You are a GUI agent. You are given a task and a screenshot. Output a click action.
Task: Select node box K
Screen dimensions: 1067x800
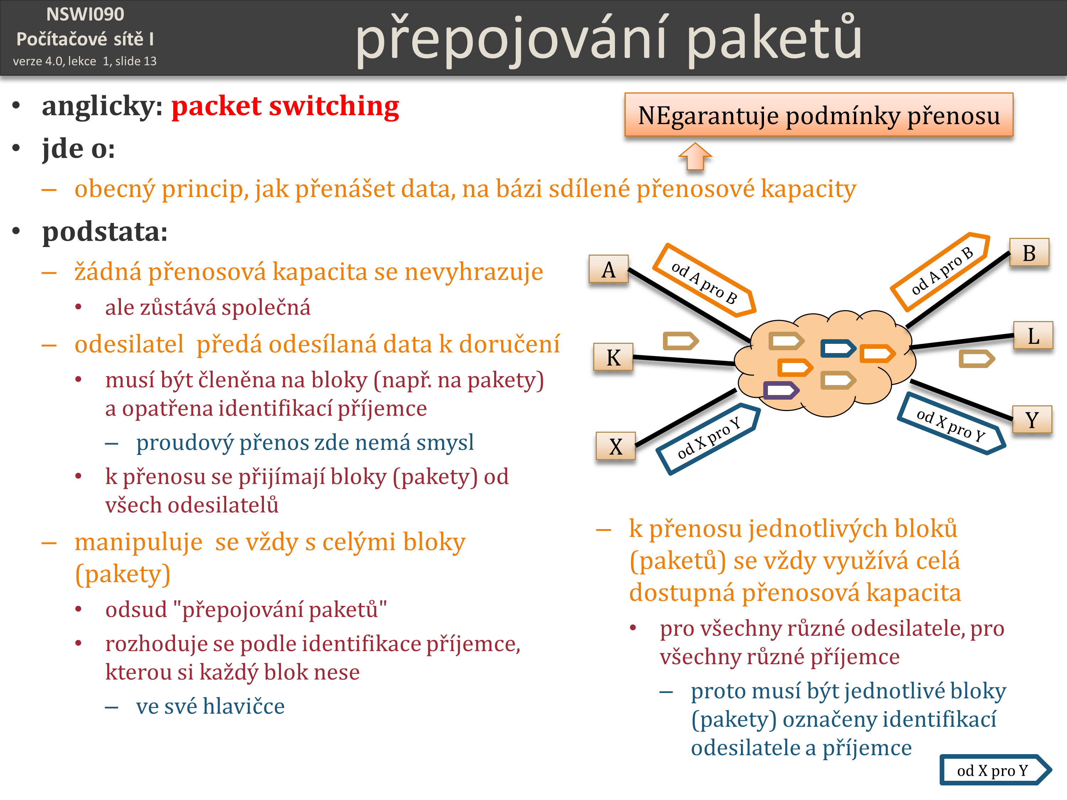pos(613,357)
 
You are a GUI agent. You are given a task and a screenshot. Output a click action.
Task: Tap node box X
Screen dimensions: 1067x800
pos(616,446)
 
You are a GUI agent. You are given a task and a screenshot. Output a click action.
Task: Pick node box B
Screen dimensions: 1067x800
pos(1029,252)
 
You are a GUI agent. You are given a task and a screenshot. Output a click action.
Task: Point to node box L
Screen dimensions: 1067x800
pos(1033,335)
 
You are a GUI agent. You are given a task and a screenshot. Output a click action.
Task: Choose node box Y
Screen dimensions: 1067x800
pos(1032,419)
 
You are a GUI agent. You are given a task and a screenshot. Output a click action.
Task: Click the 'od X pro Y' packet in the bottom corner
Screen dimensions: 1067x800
pos(995,770)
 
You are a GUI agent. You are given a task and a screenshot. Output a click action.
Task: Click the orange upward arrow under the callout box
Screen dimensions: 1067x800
pos(695,156)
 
